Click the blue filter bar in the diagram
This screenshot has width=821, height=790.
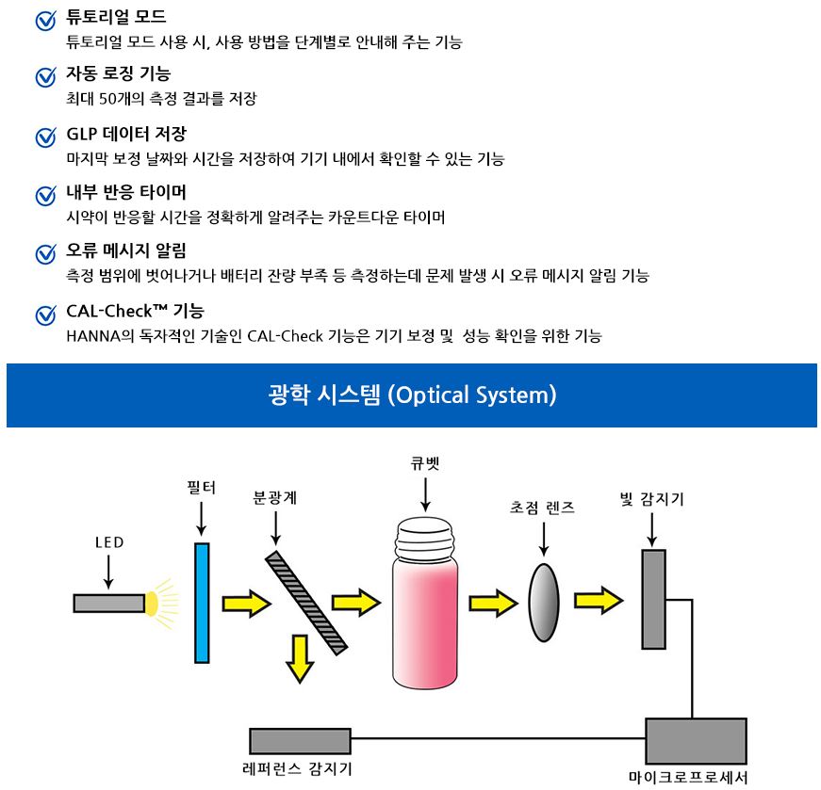click(202, 603)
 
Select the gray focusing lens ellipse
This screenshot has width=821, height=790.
click(544, 603)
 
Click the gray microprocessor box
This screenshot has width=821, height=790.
click(696, 741)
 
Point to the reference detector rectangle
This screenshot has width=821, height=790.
click(300, 741)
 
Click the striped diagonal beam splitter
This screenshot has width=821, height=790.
click(306, 603)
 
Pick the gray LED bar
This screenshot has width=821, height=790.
click(109, 603)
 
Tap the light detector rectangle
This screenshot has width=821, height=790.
click(654, 599)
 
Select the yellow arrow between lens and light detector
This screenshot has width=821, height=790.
click(599, 600)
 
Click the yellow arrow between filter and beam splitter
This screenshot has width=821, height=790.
click(247, 604)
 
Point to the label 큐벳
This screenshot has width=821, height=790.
click(424, 463)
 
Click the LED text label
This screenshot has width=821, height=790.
click(109, 542)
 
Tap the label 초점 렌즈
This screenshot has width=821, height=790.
click(542, 507)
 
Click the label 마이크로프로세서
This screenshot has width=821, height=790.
click(688, 777)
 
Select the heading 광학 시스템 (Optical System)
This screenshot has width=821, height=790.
click(412, 395)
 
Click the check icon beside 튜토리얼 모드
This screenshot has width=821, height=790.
click(46, 21)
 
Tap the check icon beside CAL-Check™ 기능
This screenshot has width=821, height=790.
click(46, 314)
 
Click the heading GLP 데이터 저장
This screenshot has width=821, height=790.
click(126, 134)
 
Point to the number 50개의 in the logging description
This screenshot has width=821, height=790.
click(121, 98)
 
